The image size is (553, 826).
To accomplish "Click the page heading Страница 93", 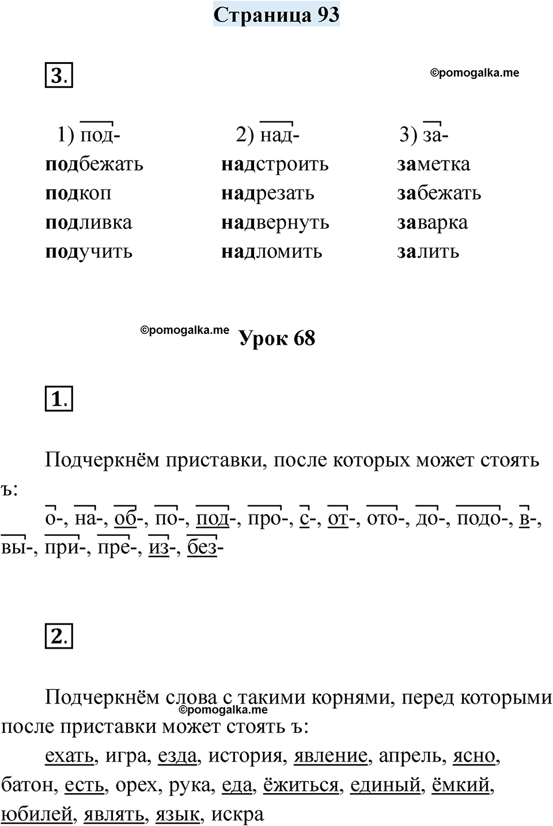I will point(276,15).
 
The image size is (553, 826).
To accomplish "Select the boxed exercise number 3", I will point(59,75).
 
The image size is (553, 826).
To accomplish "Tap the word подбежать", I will point(94,164).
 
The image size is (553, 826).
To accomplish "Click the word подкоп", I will point(78,193).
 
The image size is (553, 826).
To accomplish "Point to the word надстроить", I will point(275,164).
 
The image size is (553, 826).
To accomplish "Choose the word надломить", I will point(271,252).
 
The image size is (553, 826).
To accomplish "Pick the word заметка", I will point(433,164).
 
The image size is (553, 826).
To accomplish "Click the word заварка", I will point(432,223).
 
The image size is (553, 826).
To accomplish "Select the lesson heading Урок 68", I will point(277,338).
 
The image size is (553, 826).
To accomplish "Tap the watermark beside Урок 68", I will point(184,330).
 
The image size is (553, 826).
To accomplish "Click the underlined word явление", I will point(330,755).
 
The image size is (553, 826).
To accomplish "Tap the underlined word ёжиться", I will point(301,785).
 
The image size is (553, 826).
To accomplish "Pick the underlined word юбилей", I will point(37,814).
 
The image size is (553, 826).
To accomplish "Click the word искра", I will point(237,814).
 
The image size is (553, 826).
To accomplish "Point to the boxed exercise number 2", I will point(59,636).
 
